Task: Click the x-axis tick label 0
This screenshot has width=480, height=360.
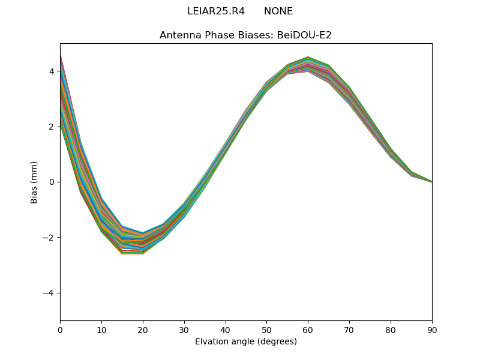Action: pyautogui.click(x=60, y=329)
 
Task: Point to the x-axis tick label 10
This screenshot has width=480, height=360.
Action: pyautogui.click(x=101, y=329)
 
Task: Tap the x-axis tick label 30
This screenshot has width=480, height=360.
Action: pyautogui.click(x=184, y=329)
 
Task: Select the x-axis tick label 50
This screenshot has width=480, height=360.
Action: pyautogui.click(x=266, y=329)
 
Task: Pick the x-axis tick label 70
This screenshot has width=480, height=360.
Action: pyautogui.click(x=349, y=329)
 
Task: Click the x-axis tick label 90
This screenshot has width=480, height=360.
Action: pyautogui.click(x=431, y=329)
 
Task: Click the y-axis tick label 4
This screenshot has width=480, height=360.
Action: pyautogui.click(x=52, y=71)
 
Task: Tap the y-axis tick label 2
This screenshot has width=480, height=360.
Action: pyautogui.click(x=52, y=127)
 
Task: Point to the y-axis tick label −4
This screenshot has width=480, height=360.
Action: pyautogui.click(x=49, y=293)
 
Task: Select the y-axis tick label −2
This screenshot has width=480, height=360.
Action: pyautogui.click(x=49, y=238)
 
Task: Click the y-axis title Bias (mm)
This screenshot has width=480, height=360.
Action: pyautogui.click(x=34, y=182)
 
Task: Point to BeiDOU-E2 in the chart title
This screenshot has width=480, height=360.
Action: pyautogui.click(x=304, y=35)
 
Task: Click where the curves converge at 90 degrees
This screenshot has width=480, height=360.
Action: pyautogui.click(x=431, y=181)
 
